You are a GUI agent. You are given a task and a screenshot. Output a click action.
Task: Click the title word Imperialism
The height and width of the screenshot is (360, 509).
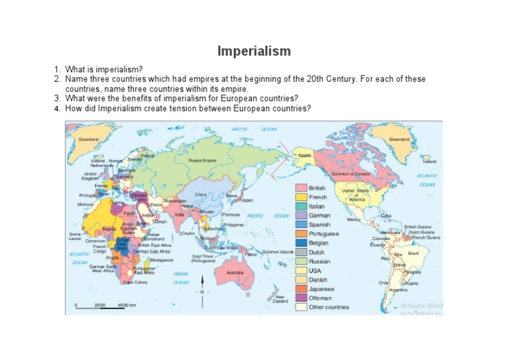pyautogui.click(x=254, y=51)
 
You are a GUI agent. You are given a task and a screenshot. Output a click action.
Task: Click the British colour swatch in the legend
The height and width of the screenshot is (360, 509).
pyautogui.click(x=301, y=188)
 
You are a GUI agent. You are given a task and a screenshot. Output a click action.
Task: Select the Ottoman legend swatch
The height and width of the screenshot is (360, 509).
pyautogui.click(x=301, y=298)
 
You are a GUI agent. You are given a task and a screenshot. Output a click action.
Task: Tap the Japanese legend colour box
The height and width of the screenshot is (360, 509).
pyautogui.click(x=301, y=289)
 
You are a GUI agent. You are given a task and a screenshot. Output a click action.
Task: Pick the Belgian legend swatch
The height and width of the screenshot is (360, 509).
pyautogui.click(x=301, y=243)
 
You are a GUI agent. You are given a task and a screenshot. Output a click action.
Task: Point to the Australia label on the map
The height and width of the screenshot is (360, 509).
pyautogui.click(x=235, y=272)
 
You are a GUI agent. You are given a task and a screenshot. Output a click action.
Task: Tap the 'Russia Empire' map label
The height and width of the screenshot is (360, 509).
pyautogui.click(x=202, y=160)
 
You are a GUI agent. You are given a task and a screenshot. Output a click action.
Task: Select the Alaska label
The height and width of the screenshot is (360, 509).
pyautogui.click(x=304, y=155)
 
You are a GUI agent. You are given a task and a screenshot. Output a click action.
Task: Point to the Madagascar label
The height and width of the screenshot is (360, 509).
pyautogui.click(x=162, y=260)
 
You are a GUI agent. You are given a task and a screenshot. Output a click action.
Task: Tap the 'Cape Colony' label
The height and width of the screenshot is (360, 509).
pyautogui.click(x=135, y=282)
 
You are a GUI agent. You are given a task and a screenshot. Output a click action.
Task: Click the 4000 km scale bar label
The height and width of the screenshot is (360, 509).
pyautogui.click(x=127, y=305)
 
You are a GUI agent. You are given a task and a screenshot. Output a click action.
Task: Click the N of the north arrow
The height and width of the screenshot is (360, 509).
pyautogui.click(x=201, y=292)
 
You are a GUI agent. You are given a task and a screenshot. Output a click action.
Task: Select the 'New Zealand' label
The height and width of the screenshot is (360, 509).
pyautogui.click(x=280, y=299)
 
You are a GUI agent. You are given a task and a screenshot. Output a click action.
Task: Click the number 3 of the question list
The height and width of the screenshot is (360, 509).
pyautogui.click(x=57, y=99)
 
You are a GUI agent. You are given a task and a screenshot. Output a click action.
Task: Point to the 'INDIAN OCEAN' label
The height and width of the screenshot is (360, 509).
pyautogui.click(x=181, y=278)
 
